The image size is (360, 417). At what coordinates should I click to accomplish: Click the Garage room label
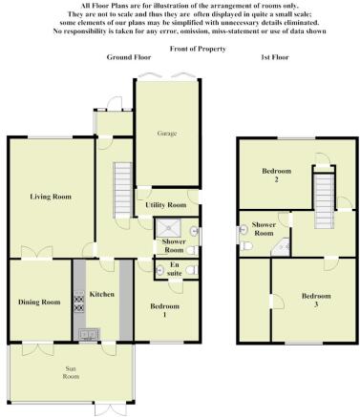[167, 134]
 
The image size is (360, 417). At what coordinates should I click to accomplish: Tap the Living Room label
[51, 197]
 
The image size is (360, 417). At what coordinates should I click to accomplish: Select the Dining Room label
[39, 302]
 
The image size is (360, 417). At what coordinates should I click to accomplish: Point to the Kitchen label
[101, 294]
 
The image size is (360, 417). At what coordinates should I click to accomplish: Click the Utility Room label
[166, 205]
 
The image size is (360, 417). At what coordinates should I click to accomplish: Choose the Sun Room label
[71, 372]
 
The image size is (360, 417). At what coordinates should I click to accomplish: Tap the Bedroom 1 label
[164, 310]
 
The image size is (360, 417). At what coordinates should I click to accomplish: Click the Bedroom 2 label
[276, 175]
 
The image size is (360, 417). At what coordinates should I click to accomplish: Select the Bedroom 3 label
[316, 300]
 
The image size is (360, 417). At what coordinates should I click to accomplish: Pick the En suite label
[175, 269]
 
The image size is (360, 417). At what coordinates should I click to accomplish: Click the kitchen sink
[89, 334]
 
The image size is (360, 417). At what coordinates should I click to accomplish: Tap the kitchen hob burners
[79, 302]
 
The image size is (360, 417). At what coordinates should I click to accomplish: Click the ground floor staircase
[122, 190]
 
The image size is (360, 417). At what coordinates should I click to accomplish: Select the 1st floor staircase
[324, 201]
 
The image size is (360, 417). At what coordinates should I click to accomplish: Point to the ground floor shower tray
[168, 228]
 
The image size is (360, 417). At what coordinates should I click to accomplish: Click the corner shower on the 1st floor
[281, 247]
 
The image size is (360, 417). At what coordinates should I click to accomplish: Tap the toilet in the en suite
[191, 270]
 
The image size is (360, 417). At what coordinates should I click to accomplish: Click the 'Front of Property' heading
[198, 49]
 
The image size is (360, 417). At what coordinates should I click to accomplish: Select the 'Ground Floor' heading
[129, 57]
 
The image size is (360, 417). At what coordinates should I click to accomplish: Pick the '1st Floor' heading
[275, 57]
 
